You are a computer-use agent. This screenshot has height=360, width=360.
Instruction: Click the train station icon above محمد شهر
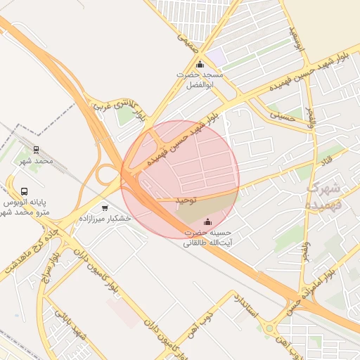click(x=36, y=150)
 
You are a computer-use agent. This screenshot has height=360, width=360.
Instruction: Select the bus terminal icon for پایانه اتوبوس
click(x=25, y=191)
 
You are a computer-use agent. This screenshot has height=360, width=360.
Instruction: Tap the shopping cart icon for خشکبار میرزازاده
click(x=105, y=207)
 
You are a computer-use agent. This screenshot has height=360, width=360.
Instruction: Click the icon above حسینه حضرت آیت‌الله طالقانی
click(x=207, y=223)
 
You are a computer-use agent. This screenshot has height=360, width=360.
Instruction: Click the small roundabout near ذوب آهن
click(x=270, y=328)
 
